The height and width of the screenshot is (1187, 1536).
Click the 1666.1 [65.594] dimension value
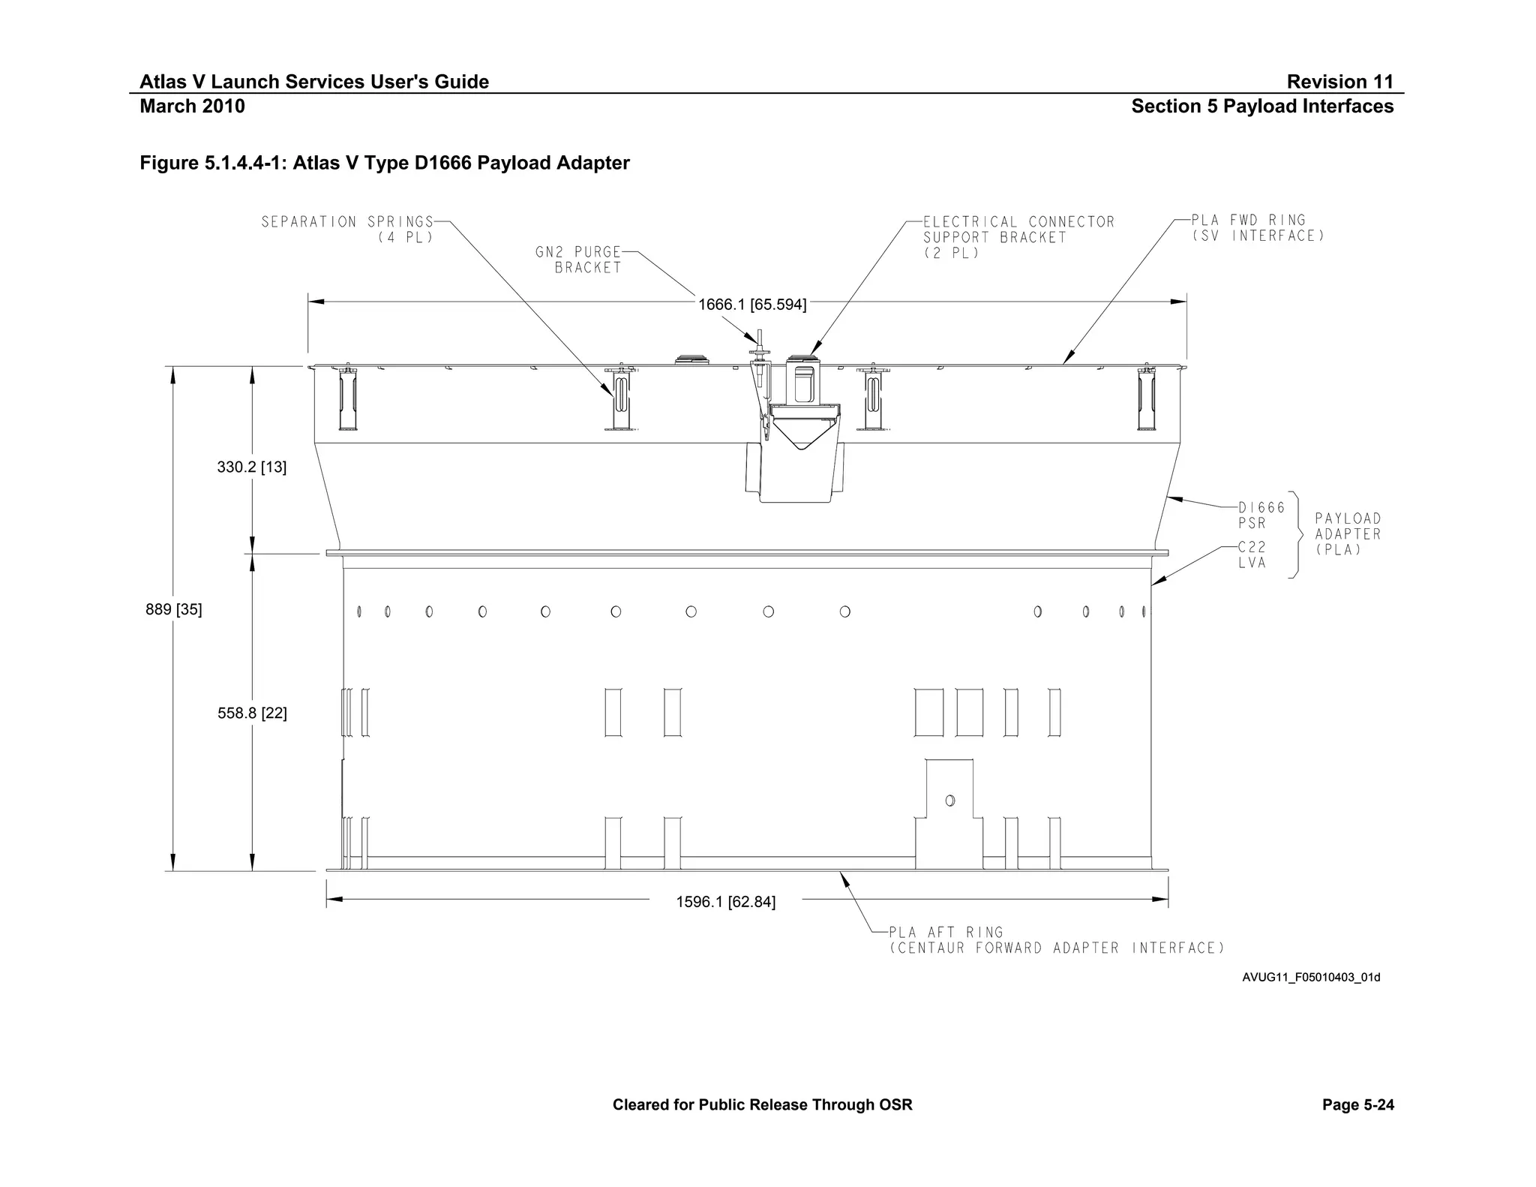click(752, 305)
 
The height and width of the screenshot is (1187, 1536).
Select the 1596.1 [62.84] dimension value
click(725, 902)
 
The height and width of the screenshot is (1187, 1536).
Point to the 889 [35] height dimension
click(173, 609)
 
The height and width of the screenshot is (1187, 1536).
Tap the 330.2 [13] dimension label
click(251, 467)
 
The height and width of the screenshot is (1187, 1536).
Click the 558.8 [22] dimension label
click(252, 714)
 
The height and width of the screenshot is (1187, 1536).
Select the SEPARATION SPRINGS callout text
click(348, 229)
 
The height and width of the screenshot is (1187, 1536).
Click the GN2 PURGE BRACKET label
click(578, 260)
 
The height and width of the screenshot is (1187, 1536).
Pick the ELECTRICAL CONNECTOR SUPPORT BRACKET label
click(1018, 237)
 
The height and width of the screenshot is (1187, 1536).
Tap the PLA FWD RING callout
click(1258, 228)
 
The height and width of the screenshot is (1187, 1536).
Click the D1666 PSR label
click(1261, 515)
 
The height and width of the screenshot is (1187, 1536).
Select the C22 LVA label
click(1252, 555)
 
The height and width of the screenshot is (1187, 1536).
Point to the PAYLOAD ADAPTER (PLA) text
click(1347, 533)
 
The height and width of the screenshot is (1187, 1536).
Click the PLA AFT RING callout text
click(1056, 940)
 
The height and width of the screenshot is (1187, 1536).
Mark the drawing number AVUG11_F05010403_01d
click(1310, 978)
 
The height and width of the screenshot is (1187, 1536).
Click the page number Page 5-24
click(1357, 1104)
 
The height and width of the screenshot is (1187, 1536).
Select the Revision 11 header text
click(1339, 82)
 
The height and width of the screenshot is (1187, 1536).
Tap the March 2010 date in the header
click(192, 107)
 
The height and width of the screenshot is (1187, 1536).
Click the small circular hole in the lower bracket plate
click(949, 801)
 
